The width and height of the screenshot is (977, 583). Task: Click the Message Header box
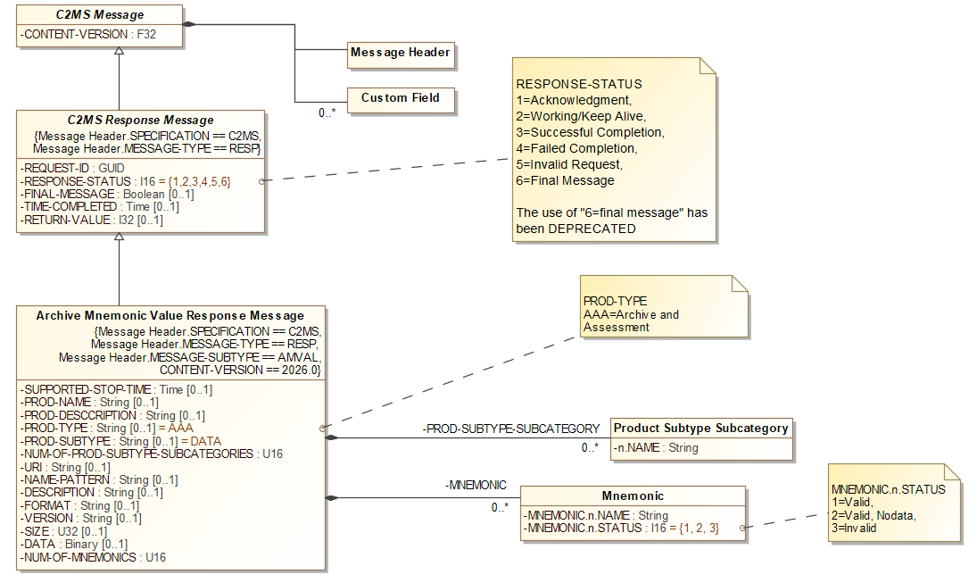tap(401, 54)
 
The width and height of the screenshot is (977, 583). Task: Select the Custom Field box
tap(400, 98)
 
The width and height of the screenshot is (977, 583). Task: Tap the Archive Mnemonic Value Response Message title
tap(170, 316)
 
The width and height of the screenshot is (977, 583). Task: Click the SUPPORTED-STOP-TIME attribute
tap(116, 390)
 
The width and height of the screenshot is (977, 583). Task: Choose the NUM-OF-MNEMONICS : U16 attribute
tap(93, 558)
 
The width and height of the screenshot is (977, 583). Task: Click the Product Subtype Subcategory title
tap(700, 429)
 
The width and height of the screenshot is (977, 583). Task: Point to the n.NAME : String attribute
tap(657, 448)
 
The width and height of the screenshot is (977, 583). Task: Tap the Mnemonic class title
tap(633, 496)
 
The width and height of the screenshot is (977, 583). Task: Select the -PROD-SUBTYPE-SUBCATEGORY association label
tap(510, 429)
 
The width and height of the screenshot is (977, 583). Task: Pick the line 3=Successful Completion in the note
tap(589, 132)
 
